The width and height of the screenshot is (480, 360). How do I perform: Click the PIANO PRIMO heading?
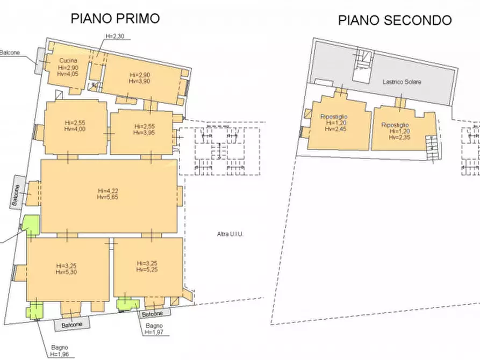116,18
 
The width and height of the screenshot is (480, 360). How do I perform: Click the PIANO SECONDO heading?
395,20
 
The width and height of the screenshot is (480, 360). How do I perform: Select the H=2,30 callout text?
115,36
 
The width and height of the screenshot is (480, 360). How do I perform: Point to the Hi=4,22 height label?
108,190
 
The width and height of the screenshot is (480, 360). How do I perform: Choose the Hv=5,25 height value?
147,270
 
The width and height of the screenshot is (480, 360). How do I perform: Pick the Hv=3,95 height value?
145,133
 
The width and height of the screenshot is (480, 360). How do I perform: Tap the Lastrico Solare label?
402,82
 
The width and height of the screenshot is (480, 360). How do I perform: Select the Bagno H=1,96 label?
60,351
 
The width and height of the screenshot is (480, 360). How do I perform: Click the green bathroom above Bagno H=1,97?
127,304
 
